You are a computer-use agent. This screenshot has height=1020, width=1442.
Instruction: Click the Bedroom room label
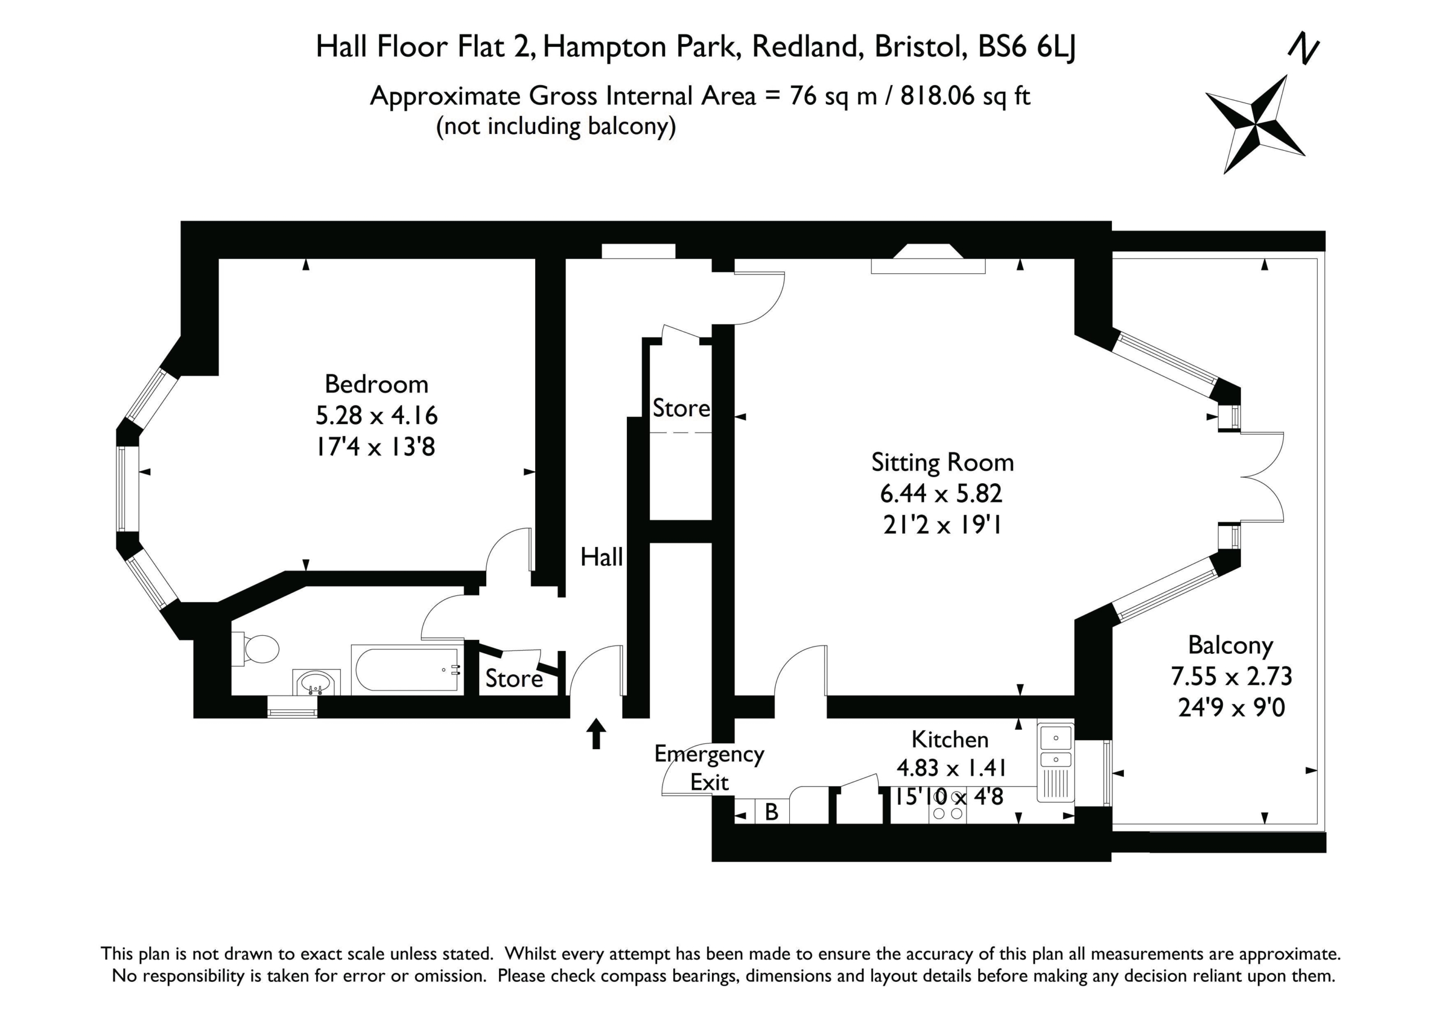click(x=376, y=384)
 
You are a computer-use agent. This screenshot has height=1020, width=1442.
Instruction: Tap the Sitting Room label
click(x=942, y=463)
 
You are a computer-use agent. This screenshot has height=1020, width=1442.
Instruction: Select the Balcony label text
click(x=1230, y=645)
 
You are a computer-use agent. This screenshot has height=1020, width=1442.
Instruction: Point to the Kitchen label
click(x=950, y=740)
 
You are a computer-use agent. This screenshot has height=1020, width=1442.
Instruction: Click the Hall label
click(x=601, y=557)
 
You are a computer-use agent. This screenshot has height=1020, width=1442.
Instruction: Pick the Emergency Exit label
click(x=709, y=768)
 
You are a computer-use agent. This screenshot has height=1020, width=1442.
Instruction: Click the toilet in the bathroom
click(x=256, y=649)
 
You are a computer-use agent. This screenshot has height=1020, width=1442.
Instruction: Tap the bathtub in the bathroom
click(x=407, y=670)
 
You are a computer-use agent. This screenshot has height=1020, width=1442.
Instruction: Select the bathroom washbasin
click(x=316, y=683)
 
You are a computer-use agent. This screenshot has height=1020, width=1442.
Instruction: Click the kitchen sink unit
click(x=1055, y=762)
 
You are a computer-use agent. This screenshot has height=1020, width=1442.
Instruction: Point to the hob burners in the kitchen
click(x=948, y=813)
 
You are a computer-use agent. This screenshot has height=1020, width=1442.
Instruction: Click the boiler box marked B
click(x=772, y=812)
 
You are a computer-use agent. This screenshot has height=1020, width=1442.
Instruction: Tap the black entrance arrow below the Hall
click(x=596, y=733)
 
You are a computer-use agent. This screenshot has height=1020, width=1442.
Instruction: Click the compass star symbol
click(x=1255, y=124)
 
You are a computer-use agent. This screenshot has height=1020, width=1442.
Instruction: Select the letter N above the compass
click(x=1303, y=48)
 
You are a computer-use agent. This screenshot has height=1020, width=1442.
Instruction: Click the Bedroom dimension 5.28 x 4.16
click(x=376, y=415)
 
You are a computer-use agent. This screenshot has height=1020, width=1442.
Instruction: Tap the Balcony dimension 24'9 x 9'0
click(x=1231, y=708)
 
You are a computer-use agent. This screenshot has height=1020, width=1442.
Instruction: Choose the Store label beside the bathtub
click(x=514, y=679)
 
